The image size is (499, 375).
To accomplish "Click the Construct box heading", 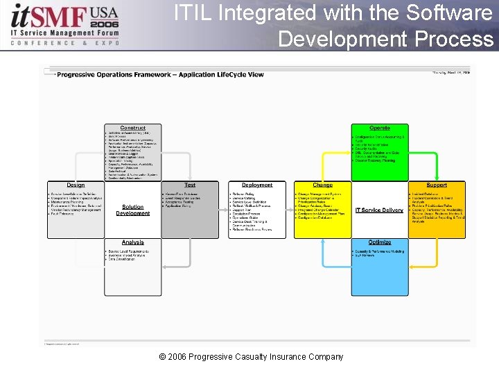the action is [x=133, y=128].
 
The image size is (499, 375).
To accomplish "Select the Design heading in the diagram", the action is [x=76, y=185].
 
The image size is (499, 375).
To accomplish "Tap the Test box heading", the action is [x=190, y=185].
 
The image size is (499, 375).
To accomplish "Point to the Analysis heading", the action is [x=133, y=242].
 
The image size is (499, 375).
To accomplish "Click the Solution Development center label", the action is [x=133, y=210].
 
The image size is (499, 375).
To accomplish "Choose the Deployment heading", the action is [x=257, y=185].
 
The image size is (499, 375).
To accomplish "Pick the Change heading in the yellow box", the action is [x=322, y=185].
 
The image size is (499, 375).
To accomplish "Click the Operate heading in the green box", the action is [x=380, y=128].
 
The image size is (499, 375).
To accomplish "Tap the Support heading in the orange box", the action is [x=437, y=185].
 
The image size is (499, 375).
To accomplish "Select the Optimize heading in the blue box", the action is [x=380, y=242].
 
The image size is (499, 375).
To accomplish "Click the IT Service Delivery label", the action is [x=379, y=210].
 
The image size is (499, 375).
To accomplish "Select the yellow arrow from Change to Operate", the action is [x=326, y=157].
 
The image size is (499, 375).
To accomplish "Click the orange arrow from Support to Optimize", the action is [x=433, y=260].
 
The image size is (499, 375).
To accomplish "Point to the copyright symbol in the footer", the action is [x=162, y=357].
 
